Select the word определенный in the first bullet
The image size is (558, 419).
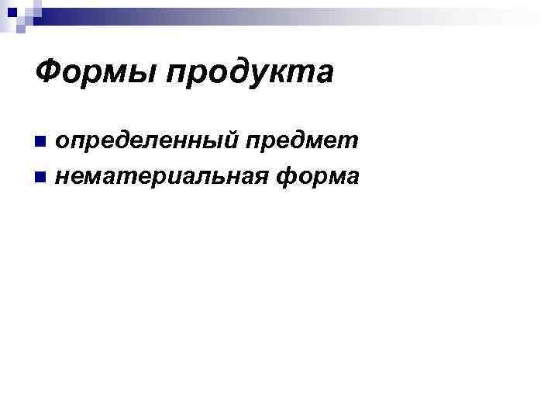click(x=150, y=140)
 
